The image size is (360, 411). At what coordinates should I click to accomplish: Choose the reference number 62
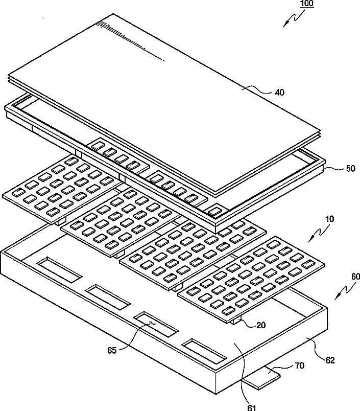pyautogui.click(x=330, y=360)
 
